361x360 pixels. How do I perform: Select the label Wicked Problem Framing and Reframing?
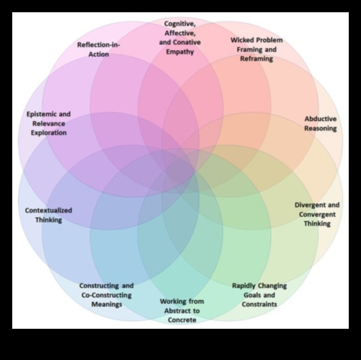point(256,49)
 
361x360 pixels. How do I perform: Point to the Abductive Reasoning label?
point(321,124)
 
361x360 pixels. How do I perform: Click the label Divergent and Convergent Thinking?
point(317,214)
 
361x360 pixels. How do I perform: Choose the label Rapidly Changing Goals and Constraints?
point(259,294)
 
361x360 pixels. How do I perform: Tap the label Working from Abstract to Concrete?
point(182,310)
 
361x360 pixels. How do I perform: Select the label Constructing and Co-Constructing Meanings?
point(106,294)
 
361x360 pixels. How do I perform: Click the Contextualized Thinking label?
point(48,215)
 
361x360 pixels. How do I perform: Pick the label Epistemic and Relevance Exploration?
point(48,123)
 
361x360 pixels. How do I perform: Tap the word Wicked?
point(243,40)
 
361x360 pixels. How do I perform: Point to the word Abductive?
point(321,119)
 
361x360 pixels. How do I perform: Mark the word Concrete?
point(182,320)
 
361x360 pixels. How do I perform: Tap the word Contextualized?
point(48,210)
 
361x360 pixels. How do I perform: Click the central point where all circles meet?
point(180,170)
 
